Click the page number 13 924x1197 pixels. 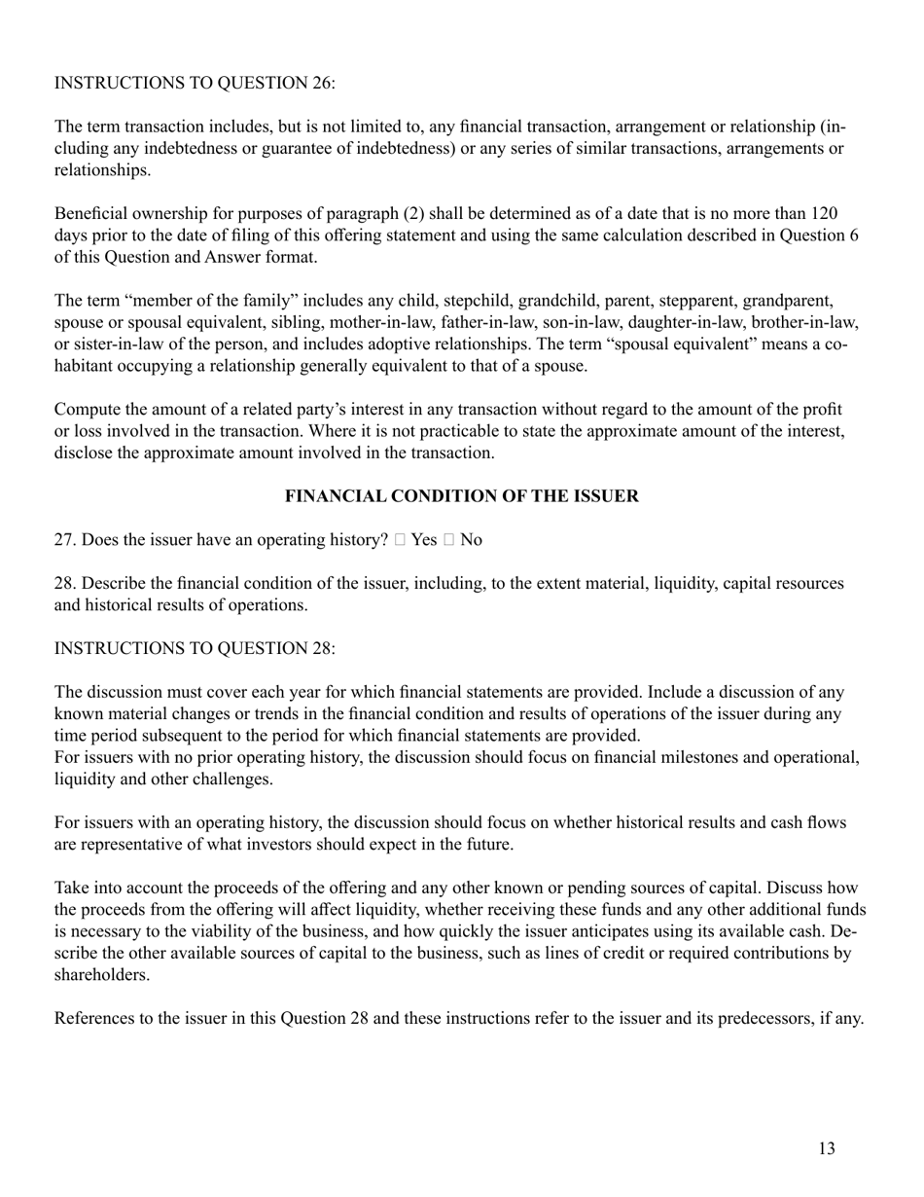(826, 1148)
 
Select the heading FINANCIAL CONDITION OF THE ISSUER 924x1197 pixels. (461, 496)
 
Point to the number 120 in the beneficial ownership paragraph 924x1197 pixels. (825, 213)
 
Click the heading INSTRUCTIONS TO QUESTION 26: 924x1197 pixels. (195, 84)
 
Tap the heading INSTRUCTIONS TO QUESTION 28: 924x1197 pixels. (195, 648)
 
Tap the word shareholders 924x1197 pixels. (100, 974)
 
